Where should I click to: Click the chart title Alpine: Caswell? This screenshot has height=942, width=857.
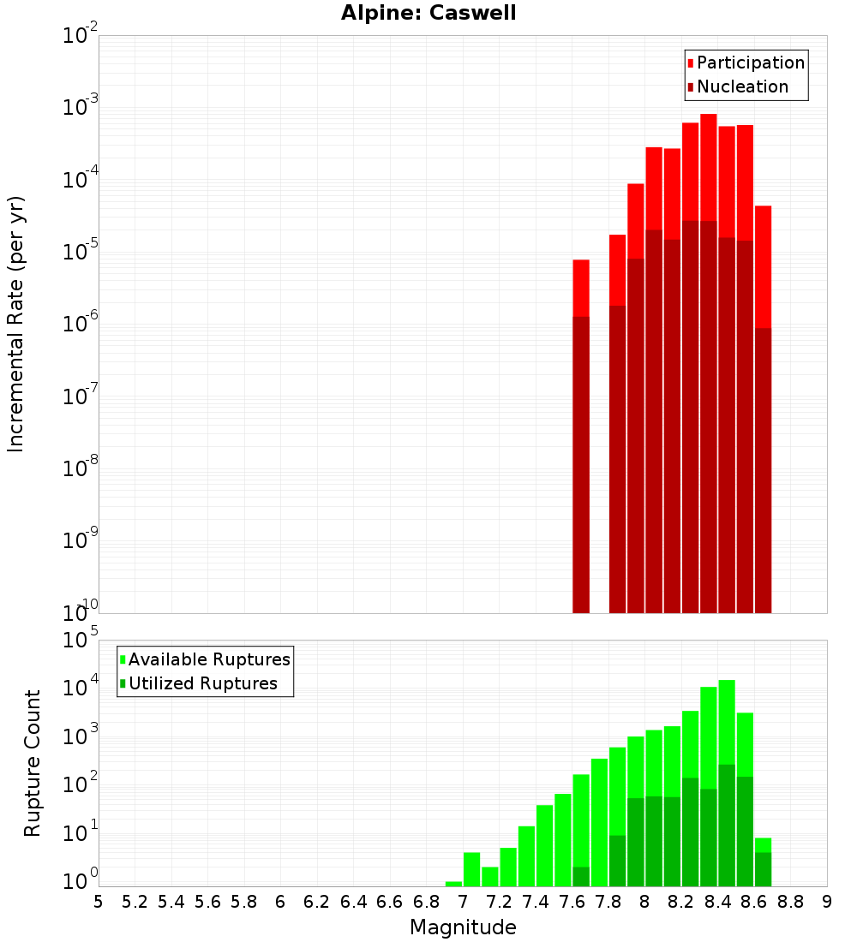(x=428, y=14)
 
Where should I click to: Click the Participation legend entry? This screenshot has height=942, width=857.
(x=751, y=63)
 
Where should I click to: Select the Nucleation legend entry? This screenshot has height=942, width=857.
(x=742, y=86)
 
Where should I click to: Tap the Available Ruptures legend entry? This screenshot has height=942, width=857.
(x=209, y=659)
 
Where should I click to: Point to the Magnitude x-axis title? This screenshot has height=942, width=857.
(x=463, y=927)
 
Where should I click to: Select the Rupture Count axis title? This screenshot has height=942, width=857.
(x=33, y=763)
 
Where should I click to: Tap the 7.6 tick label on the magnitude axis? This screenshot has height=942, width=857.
(x=572, y=901)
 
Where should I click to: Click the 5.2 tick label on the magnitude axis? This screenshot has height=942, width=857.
(x=135, y=901)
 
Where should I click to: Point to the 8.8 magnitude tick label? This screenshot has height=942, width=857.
(x=791, y=901)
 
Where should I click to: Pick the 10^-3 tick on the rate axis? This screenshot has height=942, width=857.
(x=81, y=108)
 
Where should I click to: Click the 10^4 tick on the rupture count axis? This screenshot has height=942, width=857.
(x=81, y=689)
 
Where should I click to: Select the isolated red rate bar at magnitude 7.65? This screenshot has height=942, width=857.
(x=581, y=428)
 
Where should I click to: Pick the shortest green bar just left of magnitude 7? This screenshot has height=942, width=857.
(x=453, y=884)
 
